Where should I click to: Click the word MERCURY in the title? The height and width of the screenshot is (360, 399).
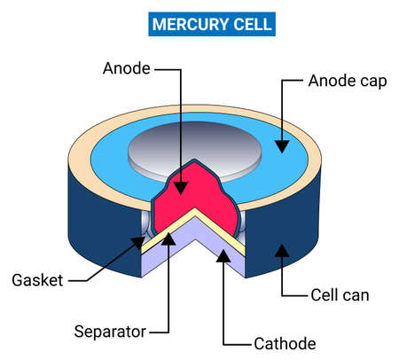179,23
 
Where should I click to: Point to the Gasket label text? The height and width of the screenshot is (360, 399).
38,280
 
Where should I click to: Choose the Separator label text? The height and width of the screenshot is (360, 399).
107,333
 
